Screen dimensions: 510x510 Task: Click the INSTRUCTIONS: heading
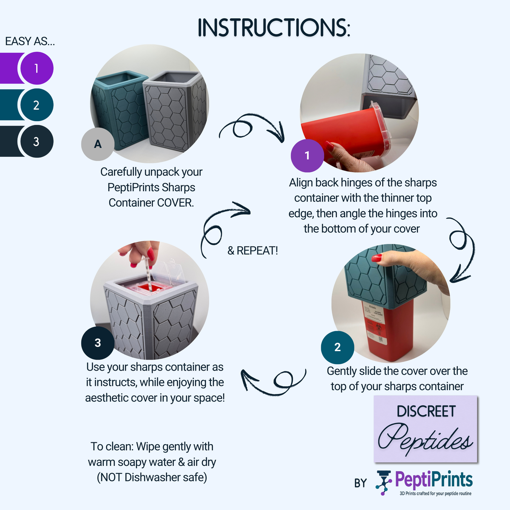pyautogui.click(x=274, y=28)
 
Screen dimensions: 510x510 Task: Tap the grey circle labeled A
pyautogui.click(x=98, y=144)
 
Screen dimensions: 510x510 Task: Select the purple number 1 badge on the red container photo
pyautogui.click(x=307, y=156)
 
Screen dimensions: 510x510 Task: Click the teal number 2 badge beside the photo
pyautogui.click(x=337, y=347)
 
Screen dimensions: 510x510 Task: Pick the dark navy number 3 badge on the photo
pyautogui.click(x=98, y=343)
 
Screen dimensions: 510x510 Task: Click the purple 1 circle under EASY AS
pyautogui.click(x=37, y=68)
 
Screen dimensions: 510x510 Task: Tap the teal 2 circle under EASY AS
pyautogui.click(x=37, y=105)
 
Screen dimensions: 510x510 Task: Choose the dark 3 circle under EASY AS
pyautogui.click(x=37, y=142)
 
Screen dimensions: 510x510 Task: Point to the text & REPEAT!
pyautogui.click(x=252, y=251)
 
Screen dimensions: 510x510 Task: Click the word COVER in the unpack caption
pyautogui.click(x=176, y=203)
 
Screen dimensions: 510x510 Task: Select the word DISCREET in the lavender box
pyautogui.click(x=426, y=411)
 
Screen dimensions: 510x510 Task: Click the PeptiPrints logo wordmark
pyautogui.click(x=434, y=480)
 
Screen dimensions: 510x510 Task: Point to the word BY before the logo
pyautogui.click(x=360, y=483)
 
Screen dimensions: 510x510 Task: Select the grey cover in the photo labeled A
pyautogui.click(x=175, y=111)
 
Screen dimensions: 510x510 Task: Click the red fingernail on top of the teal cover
pyautogui.click(x=377, y=258)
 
